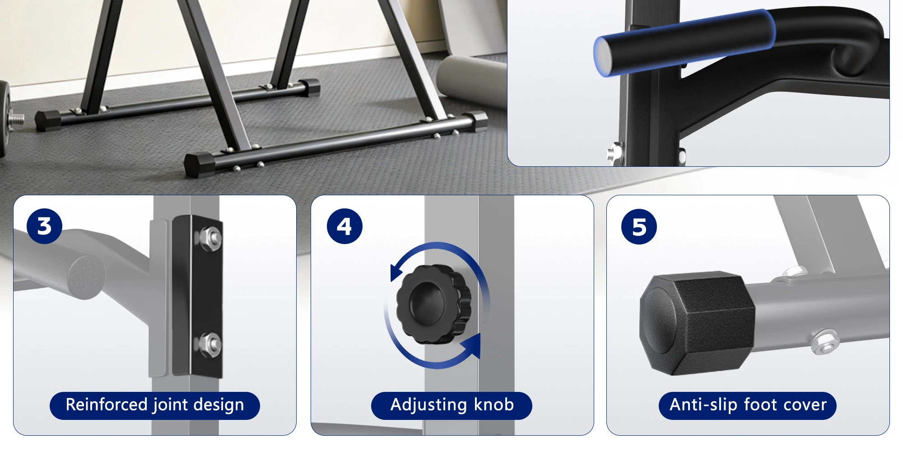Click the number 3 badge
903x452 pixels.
tap(44, 226)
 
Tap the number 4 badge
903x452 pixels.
tap(344, 226)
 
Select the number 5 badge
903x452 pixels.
tap(639, 226)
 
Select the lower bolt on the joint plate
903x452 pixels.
tap(209, 345)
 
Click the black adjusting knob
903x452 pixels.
tap(433, 304)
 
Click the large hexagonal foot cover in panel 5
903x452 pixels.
tap(697, 323)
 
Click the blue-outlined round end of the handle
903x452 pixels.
tap(604, 56)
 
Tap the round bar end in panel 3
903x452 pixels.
tap(87, 277)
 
